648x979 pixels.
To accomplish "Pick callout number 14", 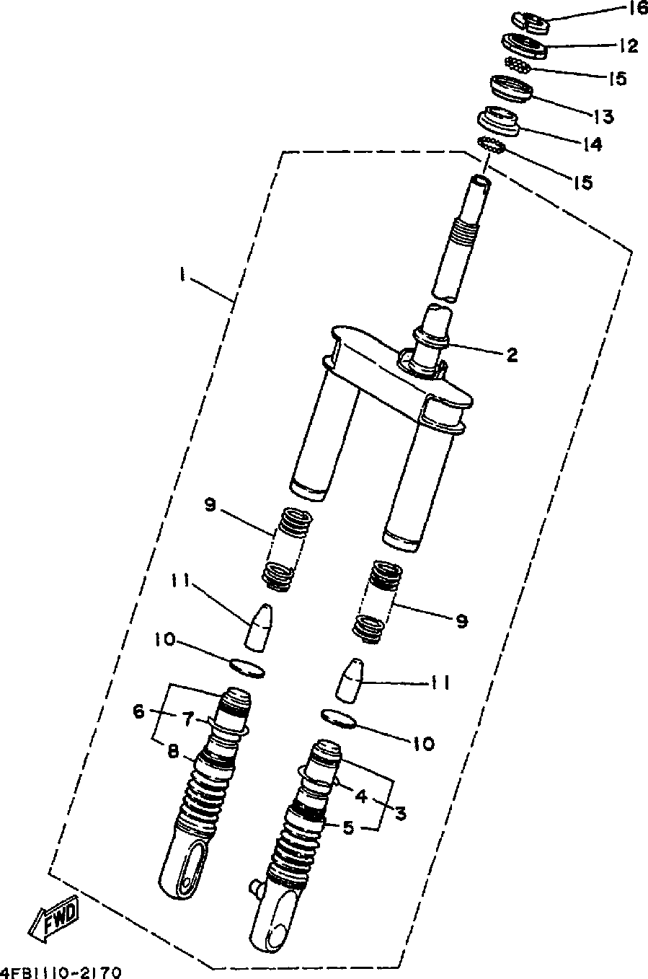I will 592,145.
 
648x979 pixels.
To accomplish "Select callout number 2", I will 511,354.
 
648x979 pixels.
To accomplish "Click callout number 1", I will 184,274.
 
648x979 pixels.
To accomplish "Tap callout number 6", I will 138,711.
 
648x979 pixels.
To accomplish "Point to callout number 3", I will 400,813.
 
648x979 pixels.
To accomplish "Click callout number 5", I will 348,827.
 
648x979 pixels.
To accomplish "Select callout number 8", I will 174,750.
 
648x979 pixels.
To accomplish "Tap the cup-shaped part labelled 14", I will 499,120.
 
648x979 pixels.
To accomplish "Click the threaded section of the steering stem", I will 464,232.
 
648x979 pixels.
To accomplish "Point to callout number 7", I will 188,719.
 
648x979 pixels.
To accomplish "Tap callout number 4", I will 360,796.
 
